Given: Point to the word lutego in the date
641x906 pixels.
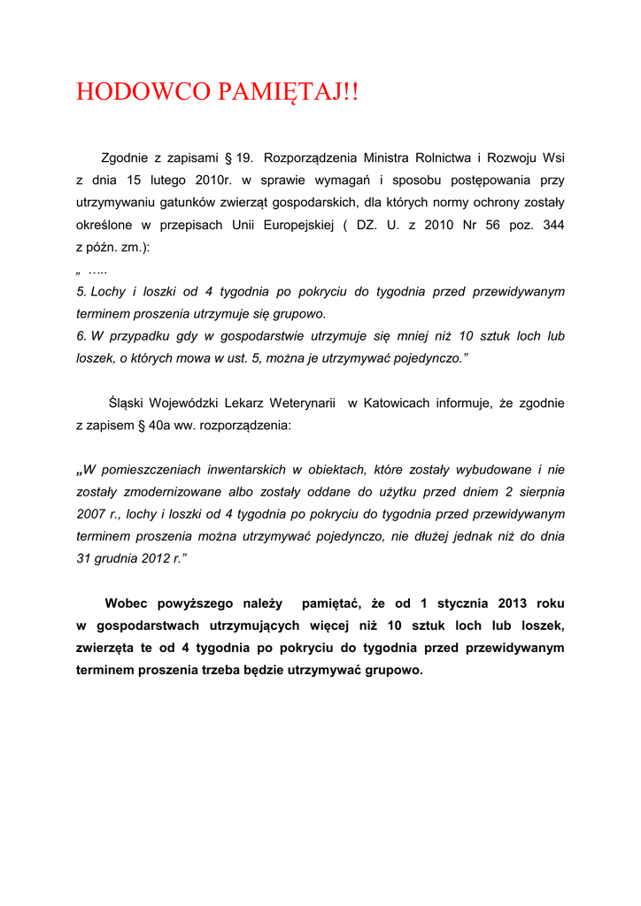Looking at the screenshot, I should (x=168, y=180).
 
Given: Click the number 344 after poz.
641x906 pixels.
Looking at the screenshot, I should (x=553, y=226).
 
